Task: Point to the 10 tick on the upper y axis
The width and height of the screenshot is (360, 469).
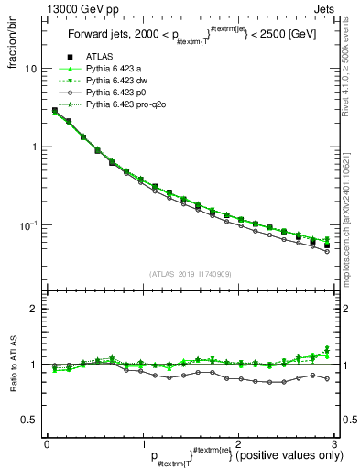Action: (x=30, y=69)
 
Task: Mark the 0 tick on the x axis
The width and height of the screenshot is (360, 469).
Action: (x=46, y=443)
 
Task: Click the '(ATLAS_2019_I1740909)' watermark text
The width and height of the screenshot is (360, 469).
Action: (x=189, y=274)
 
